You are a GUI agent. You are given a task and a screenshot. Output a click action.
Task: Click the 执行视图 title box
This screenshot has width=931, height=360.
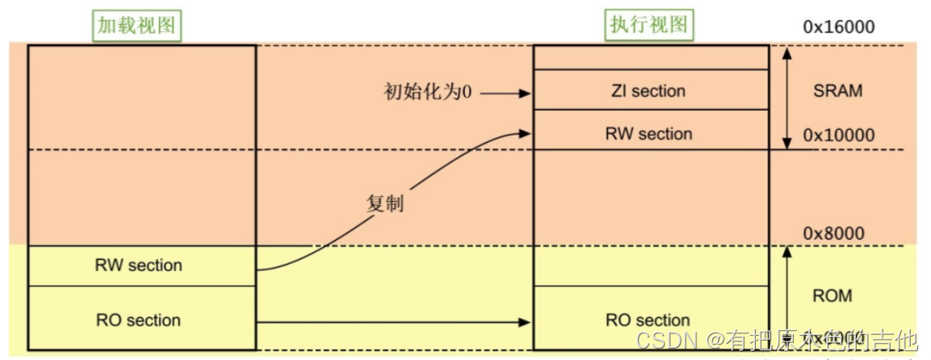coord(649,25)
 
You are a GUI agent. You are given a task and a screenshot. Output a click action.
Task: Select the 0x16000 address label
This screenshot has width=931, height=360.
coord(838,27)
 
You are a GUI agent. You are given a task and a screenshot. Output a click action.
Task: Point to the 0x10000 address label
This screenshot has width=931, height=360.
coord(838,136)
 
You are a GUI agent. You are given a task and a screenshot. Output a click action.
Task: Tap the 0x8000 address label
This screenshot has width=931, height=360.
coord(833,234)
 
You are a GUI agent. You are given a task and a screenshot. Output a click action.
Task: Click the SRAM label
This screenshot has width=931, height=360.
coord(837,90)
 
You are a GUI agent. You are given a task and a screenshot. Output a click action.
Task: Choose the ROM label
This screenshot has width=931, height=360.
coord(832,296)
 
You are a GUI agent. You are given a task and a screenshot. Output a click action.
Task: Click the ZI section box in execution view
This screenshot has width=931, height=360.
coord(650,90)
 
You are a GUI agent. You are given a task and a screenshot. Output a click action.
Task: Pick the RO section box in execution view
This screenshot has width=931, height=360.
coord(650,320)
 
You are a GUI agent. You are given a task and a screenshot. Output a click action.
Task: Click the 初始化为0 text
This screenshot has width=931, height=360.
coord(427,92)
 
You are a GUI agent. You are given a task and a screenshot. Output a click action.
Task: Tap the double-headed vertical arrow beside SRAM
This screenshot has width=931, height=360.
coord(787,97)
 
